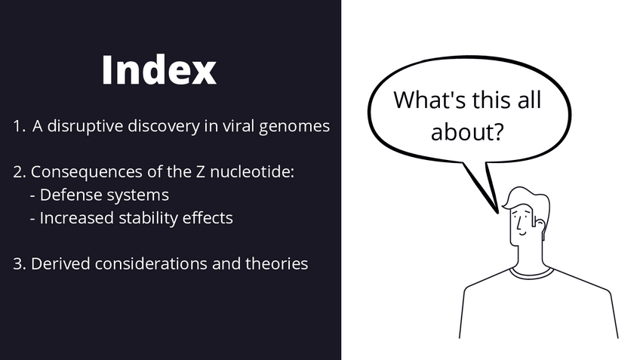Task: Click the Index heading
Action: coord(158,70)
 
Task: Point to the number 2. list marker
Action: coord(20,172)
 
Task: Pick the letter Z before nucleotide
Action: coord(201,172)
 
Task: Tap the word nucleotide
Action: coord(251,172)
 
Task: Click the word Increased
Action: coord(77,218)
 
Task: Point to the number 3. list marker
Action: coord(20,264)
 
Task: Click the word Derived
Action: coord(60,263)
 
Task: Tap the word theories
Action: coord(277,263)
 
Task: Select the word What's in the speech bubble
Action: coord(429,100)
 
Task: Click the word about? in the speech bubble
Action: coord(467,131)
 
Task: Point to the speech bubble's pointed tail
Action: coord(497,212)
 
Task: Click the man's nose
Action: coord(518,224)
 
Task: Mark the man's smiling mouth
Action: coord(523,234)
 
